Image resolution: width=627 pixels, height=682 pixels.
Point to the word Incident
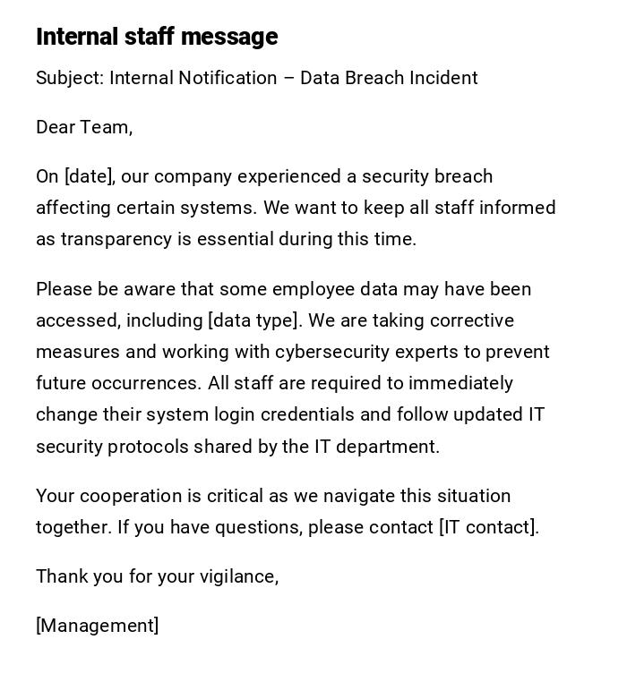443,78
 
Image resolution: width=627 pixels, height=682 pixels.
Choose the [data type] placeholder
253,320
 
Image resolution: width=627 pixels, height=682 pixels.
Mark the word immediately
460,383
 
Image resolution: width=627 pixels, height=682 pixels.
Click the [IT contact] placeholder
489,527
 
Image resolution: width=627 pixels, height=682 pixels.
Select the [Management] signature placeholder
98,626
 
